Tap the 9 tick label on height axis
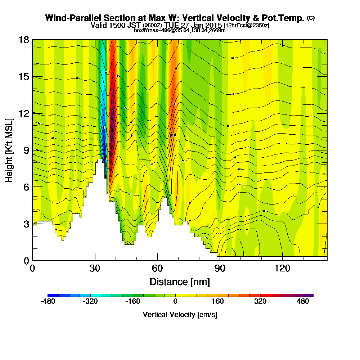(26, 150)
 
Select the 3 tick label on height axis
(26, 224)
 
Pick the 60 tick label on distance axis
(157, 268)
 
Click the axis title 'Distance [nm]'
(180, 281)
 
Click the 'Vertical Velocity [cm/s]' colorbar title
(180, 315)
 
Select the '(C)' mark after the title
(311, 18)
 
